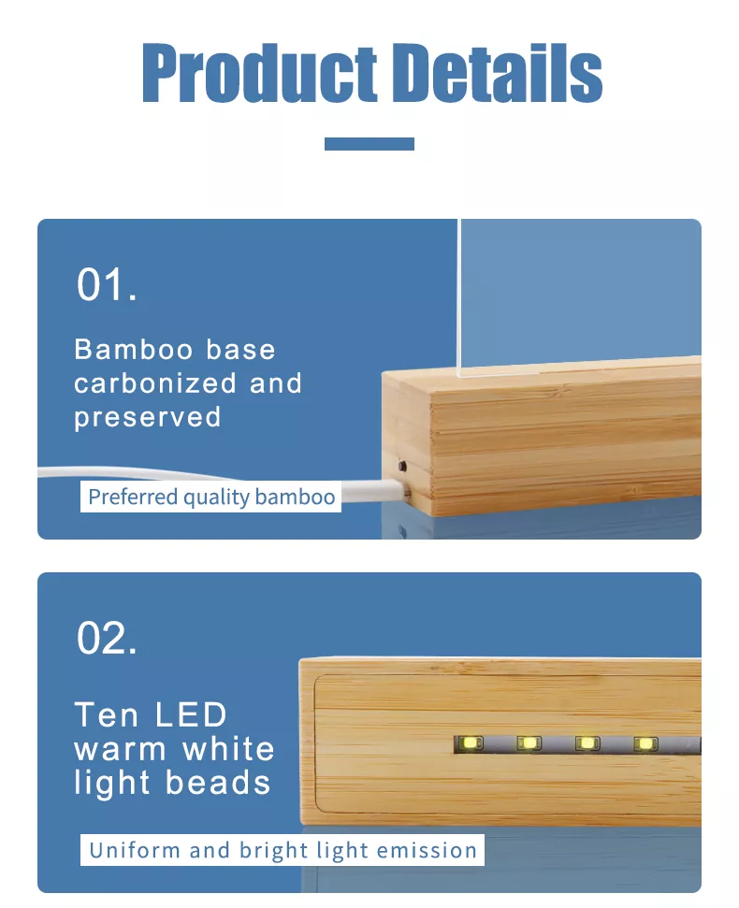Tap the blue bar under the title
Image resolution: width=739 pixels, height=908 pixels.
coord(369,144)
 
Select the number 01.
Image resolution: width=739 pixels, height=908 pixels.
coord(107,284)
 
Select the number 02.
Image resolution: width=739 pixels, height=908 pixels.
coord(107,638)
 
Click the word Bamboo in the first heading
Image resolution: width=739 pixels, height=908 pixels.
coord(134,350)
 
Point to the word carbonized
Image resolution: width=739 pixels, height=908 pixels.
coord(155,383)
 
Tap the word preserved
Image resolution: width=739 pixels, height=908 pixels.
coord(148,418)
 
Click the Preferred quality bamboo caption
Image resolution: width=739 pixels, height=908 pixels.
coord(210,497)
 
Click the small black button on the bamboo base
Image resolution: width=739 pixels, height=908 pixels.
coord(402,466)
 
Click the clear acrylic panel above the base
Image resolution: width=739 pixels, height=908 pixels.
coord(579,296)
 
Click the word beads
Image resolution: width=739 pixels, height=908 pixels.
coord(218,783)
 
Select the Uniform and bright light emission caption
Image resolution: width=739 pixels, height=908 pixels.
coord(283,850)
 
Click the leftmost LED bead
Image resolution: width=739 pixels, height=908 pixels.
coord(471,743)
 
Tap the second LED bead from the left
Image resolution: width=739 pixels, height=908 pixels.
coord(529,743)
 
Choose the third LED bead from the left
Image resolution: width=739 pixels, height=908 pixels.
coord(587,743)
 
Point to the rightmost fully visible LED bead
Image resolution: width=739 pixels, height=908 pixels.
coord(645,743)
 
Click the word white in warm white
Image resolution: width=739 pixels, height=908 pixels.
coord(229,749)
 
